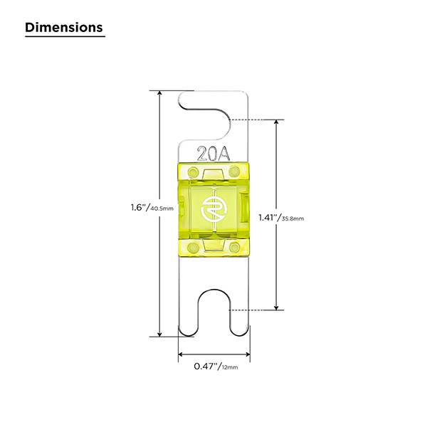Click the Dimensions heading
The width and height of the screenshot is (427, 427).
64,28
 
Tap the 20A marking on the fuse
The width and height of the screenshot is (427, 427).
213,154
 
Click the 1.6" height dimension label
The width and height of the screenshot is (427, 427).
139,208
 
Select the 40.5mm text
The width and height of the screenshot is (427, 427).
162,209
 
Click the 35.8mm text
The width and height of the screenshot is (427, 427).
292,218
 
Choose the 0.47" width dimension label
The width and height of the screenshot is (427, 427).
206,367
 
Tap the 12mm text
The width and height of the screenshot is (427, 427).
230,367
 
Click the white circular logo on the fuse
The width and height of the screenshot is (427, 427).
213,209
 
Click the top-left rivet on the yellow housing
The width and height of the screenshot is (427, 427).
194,172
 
